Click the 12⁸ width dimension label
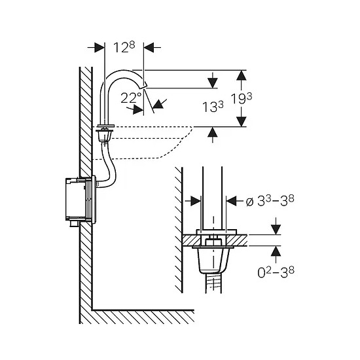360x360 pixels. [x=124, y=47]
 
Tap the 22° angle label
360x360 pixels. [x=131, y=98]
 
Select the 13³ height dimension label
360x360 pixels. [x=213, y=107]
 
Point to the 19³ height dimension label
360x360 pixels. [x=242, y=99]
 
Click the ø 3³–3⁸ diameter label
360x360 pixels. [x=270, y=202]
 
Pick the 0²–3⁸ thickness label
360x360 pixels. [x=276, y=272]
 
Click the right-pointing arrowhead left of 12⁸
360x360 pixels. [x=99, y=48]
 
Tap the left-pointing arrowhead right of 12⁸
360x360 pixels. [x=149, y=48]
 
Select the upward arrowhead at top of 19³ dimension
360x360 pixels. [x=242, y=75]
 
